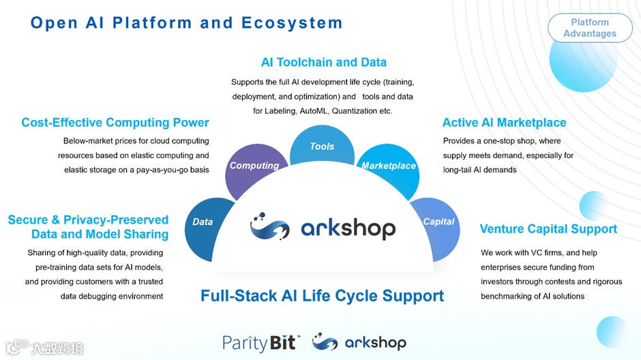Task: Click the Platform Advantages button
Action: tap(590, 28)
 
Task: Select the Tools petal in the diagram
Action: tap(322, 146)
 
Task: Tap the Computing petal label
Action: tap(254, 165)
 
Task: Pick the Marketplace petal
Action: tap(389, 165)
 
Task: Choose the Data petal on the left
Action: tap(203, 222)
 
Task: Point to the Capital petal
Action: tap(438, 222)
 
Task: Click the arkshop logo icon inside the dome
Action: tap(269, 226)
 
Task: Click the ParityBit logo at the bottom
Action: tap(260, 342)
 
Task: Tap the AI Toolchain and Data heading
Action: tap(324, 62)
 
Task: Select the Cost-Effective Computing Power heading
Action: tap(115, 123)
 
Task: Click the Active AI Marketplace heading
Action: tap(504, 123)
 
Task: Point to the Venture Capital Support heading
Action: tap(548, 229)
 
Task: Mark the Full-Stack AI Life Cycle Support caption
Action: tap(322, 296)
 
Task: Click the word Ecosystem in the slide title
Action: tap(292, 22)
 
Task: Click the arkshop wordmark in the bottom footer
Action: tap(374, 342)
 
